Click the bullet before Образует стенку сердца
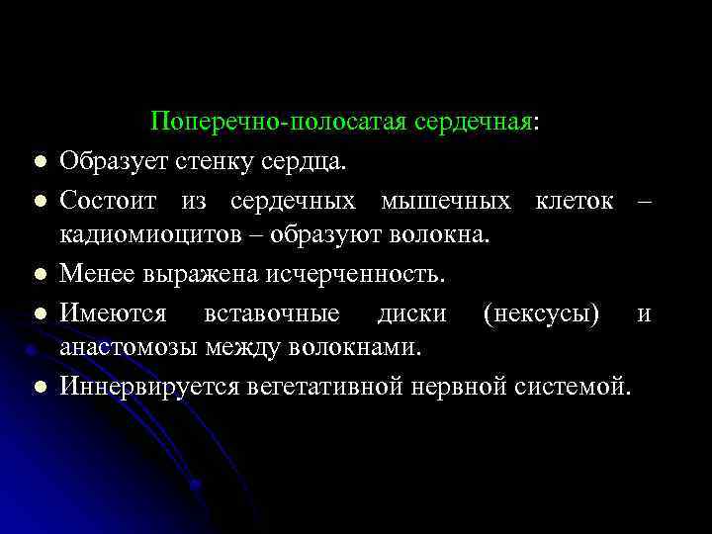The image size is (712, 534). point(36,160)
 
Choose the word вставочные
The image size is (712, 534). point(271,313)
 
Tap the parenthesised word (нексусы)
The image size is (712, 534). point(541,313)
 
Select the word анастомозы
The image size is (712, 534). point(130,347)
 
